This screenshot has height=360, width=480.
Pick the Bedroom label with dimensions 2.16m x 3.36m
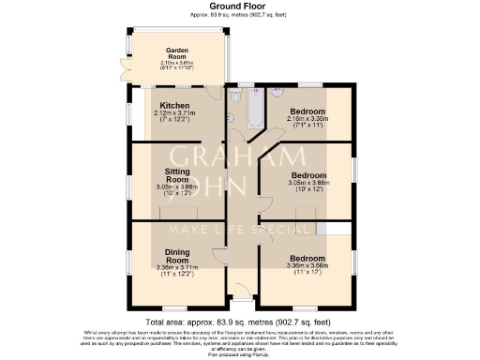coord(307,110)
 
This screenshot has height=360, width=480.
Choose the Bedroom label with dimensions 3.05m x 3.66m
coord(307,175)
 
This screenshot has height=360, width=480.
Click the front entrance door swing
coord(243,291)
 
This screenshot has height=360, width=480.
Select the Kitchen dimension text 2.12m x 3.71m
coord(176,113)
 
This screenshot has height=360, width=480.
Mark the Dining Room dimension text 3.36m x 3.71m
coord(177,266)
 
